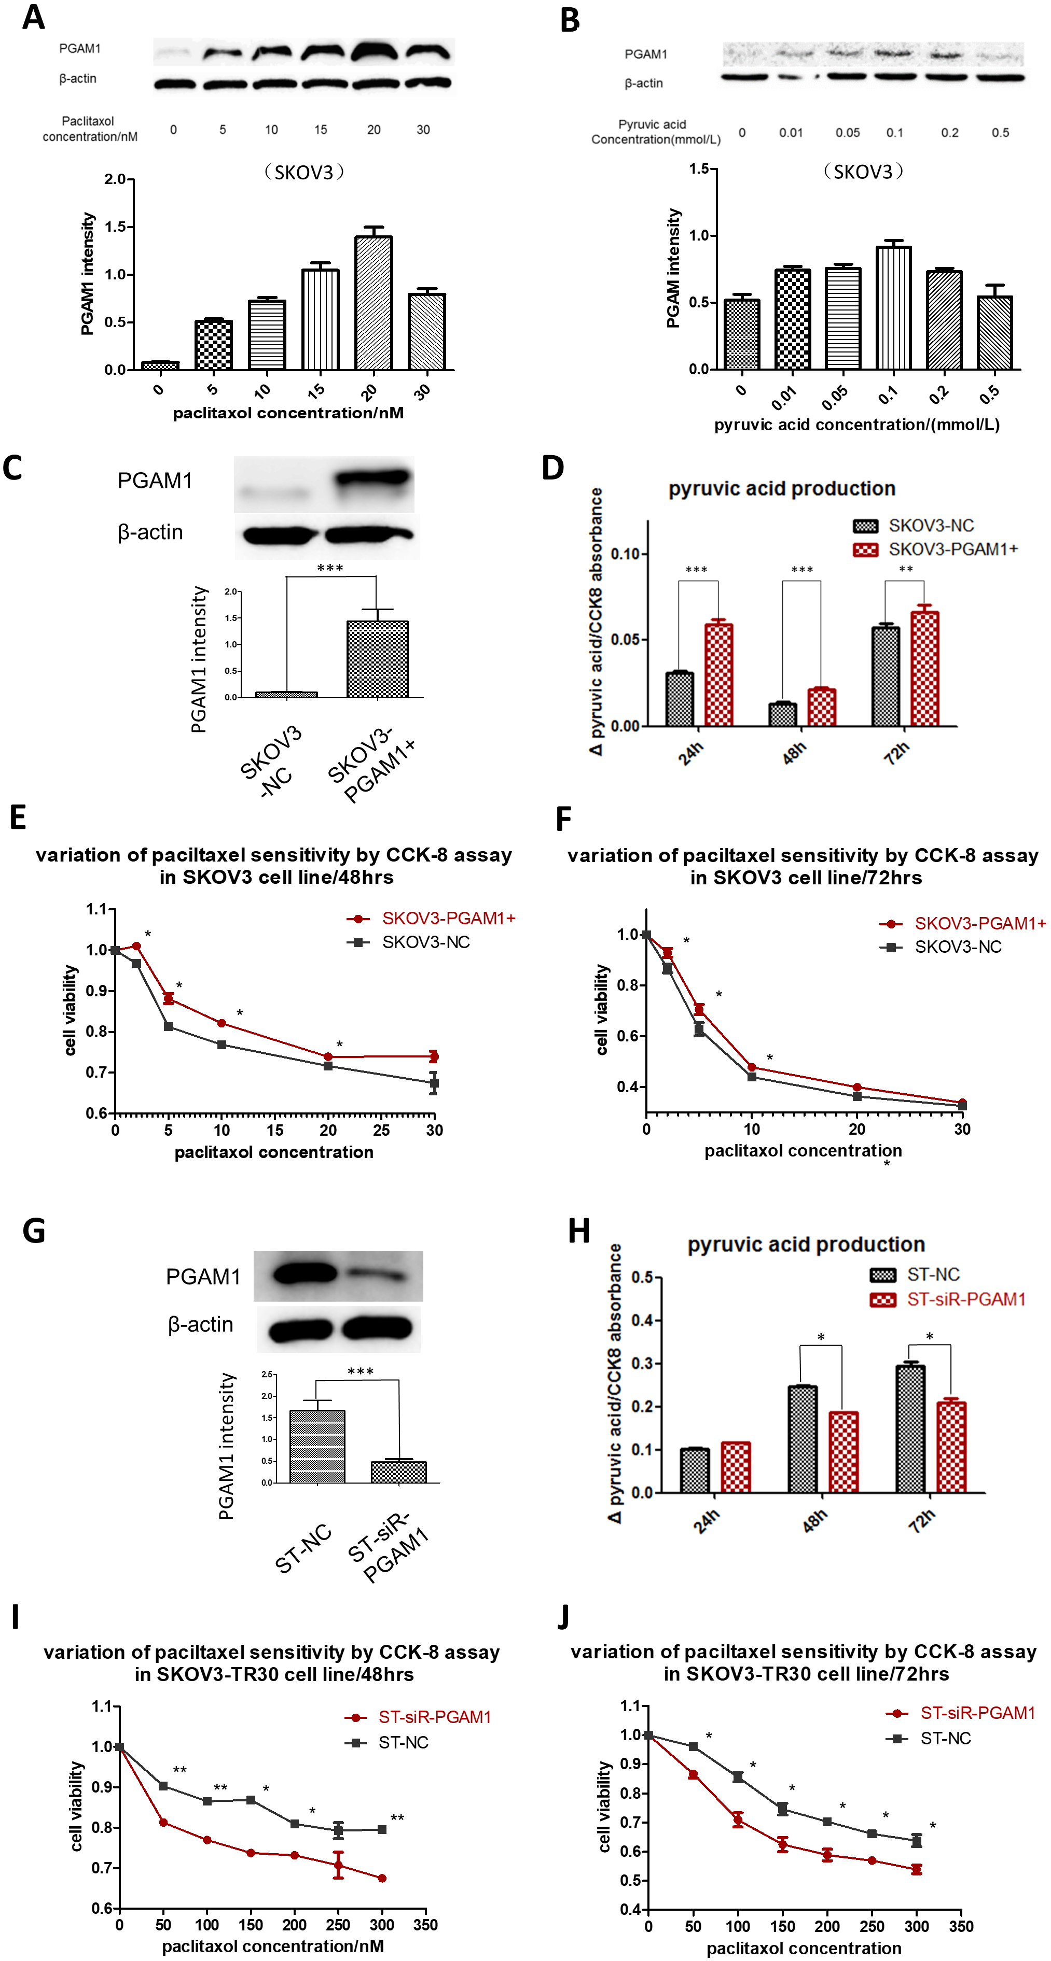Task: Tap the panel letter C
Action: pyautogui.click(x=13, y=468)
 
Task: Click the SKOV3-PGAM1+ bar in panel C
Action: pyautogui.click(x=377, y=659)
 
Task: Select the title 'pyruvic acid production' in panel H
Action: pyautogui.click(x=806, y=1245)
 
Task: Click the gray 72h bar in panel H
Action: pyautogui.click(x=910, y=1429)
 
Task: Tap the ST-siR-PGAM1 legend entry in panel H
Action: pyautogui.click(x=948, y=1300)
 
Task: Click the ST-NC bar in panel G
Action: pyautogui.click(x=317, y=1446)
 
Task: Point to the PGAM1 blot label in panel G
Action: pyautogui.click(x=203, y=1277)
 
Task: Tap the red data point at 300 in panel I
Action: pyautogui.click(x=382, y=1878)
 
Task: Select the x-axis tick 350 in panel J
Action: pyautogui.click(x=961, y=1926)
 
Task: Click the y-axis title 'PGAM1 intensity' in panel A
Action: pyautogui.click(x=88, y=274)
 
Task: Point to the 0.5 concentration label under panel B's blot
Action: pyautogui.click(x=1000, y=133)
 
